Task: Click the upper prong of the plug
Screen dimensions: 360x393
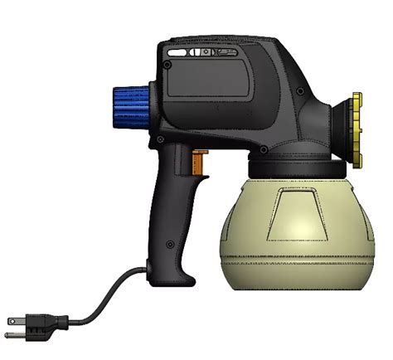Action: pyautogui.click(x=13, y=319)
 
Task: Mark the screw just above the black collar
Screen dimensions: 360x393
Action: pyautogui.click(x=263, y=150)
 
